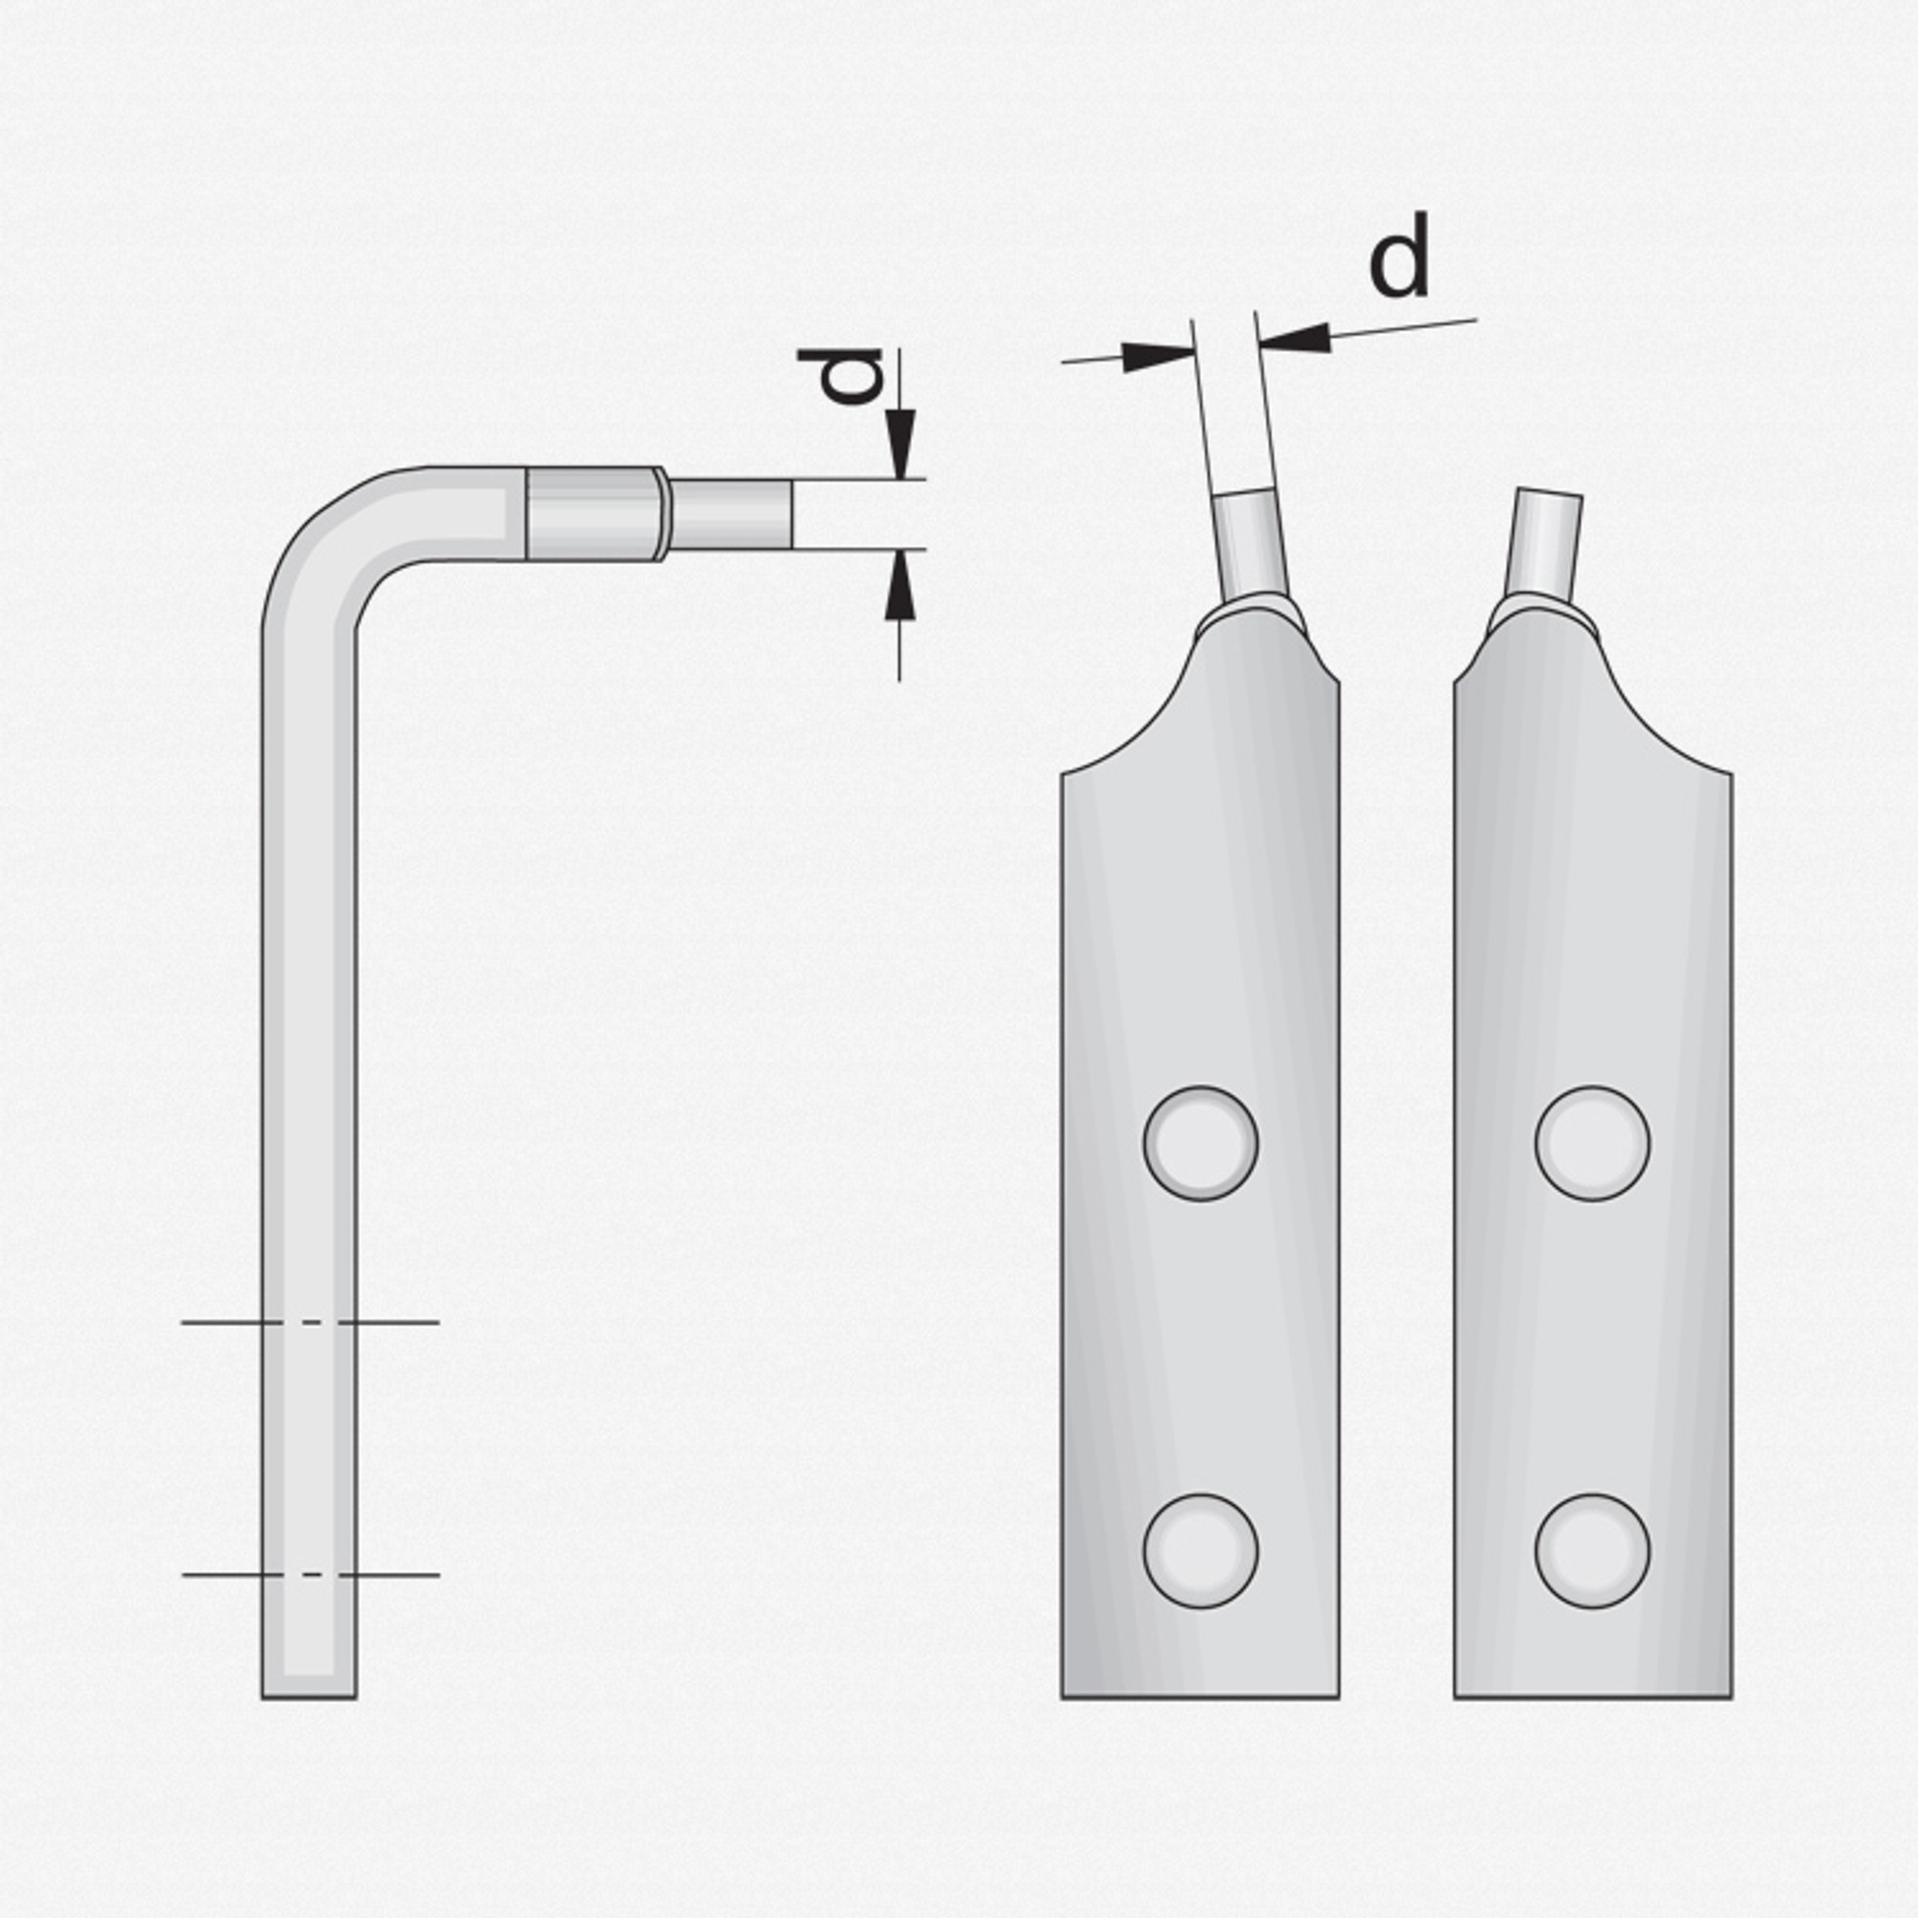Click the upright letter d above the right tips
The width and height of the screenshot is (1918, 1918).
click(x=1400, y=255)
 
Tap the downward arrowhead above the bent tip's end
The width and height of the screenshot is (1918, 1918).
click(x=900, y=444)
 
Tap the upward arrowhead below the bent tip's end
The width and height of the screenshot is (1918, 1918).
click(x=900, y=585)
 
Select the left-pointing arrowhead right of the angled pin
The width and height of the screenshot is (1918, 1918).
click(x=1295, y=339)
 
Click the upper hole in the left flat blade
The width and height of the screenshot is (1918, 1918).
click(x=1201, y=1143)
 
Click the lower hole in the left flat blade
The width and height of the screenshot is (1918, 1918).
click(x=1201, y=1551)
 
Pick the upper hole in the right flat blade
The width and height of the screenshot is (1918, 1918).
click(x=1592, y=1143)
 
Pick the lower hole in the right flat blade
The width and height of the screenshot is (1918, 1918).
click(x=1592, y=1551)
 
